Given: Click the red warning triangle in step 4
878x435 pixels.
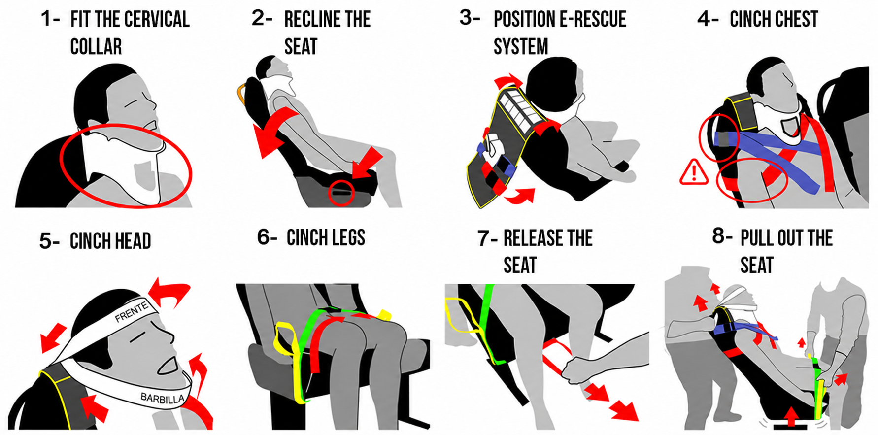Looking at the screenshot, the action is pos(694,172).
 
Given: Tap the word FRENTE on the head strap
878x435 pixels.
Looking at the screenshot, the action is pos(132,312).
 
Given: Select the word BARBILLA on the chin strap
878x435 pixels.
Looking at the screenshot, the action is pos(163,398).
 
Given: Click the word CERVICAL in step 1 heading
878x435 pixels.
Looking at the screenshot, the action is pos(157,20).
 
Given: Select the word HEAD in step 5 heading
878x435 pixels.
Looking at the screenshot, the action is pos(133,241).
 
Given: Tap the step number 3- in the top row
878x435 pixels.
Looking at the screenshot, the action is pos(470,18).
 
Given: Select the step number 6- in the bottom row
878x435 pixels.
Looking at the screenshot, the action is pos(267,237).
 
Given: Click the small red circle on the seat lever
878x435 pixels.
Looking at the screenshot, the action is pos(341,193).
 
